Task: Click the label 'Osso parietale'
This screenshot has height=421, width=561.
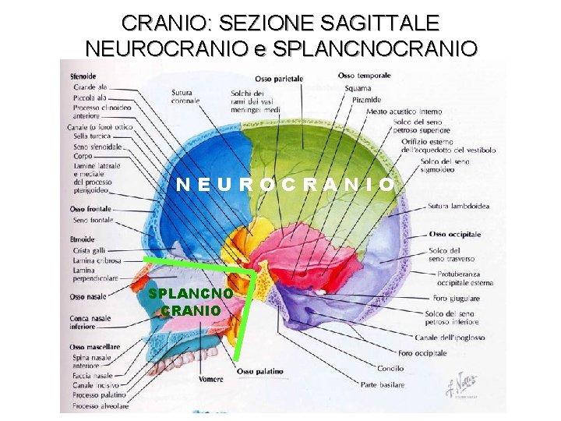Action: pos(279,78)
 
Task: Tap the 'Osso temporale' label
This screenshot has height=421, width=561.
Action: pos(363,76)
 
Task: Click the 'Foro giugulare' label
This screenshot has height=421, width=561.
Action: pos(455,299)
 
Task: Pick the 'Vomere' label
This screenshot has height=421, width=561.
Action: pos(210,380)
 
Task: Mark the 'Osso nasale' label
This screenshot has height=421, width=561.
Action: pos(88,297)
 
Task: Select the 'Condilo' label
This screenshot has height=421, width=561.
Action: pos(390,369)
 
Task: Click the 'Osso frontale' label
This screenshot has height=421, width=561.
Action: pos(90,209)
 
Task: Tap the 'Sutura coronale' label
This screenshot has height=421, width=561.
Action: pos(185,96)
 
